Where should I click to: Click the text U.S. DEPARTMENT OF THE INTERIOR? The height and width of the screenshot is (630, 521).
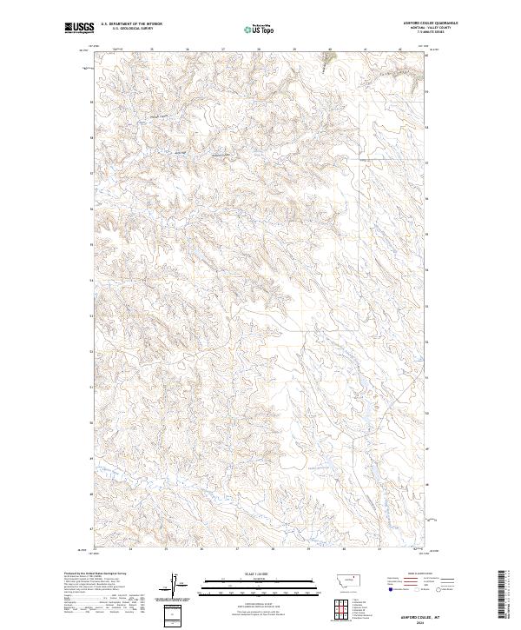coord(131,24)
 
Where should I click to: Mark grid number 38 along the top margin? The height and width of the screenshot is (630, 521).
coord(259,50)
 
